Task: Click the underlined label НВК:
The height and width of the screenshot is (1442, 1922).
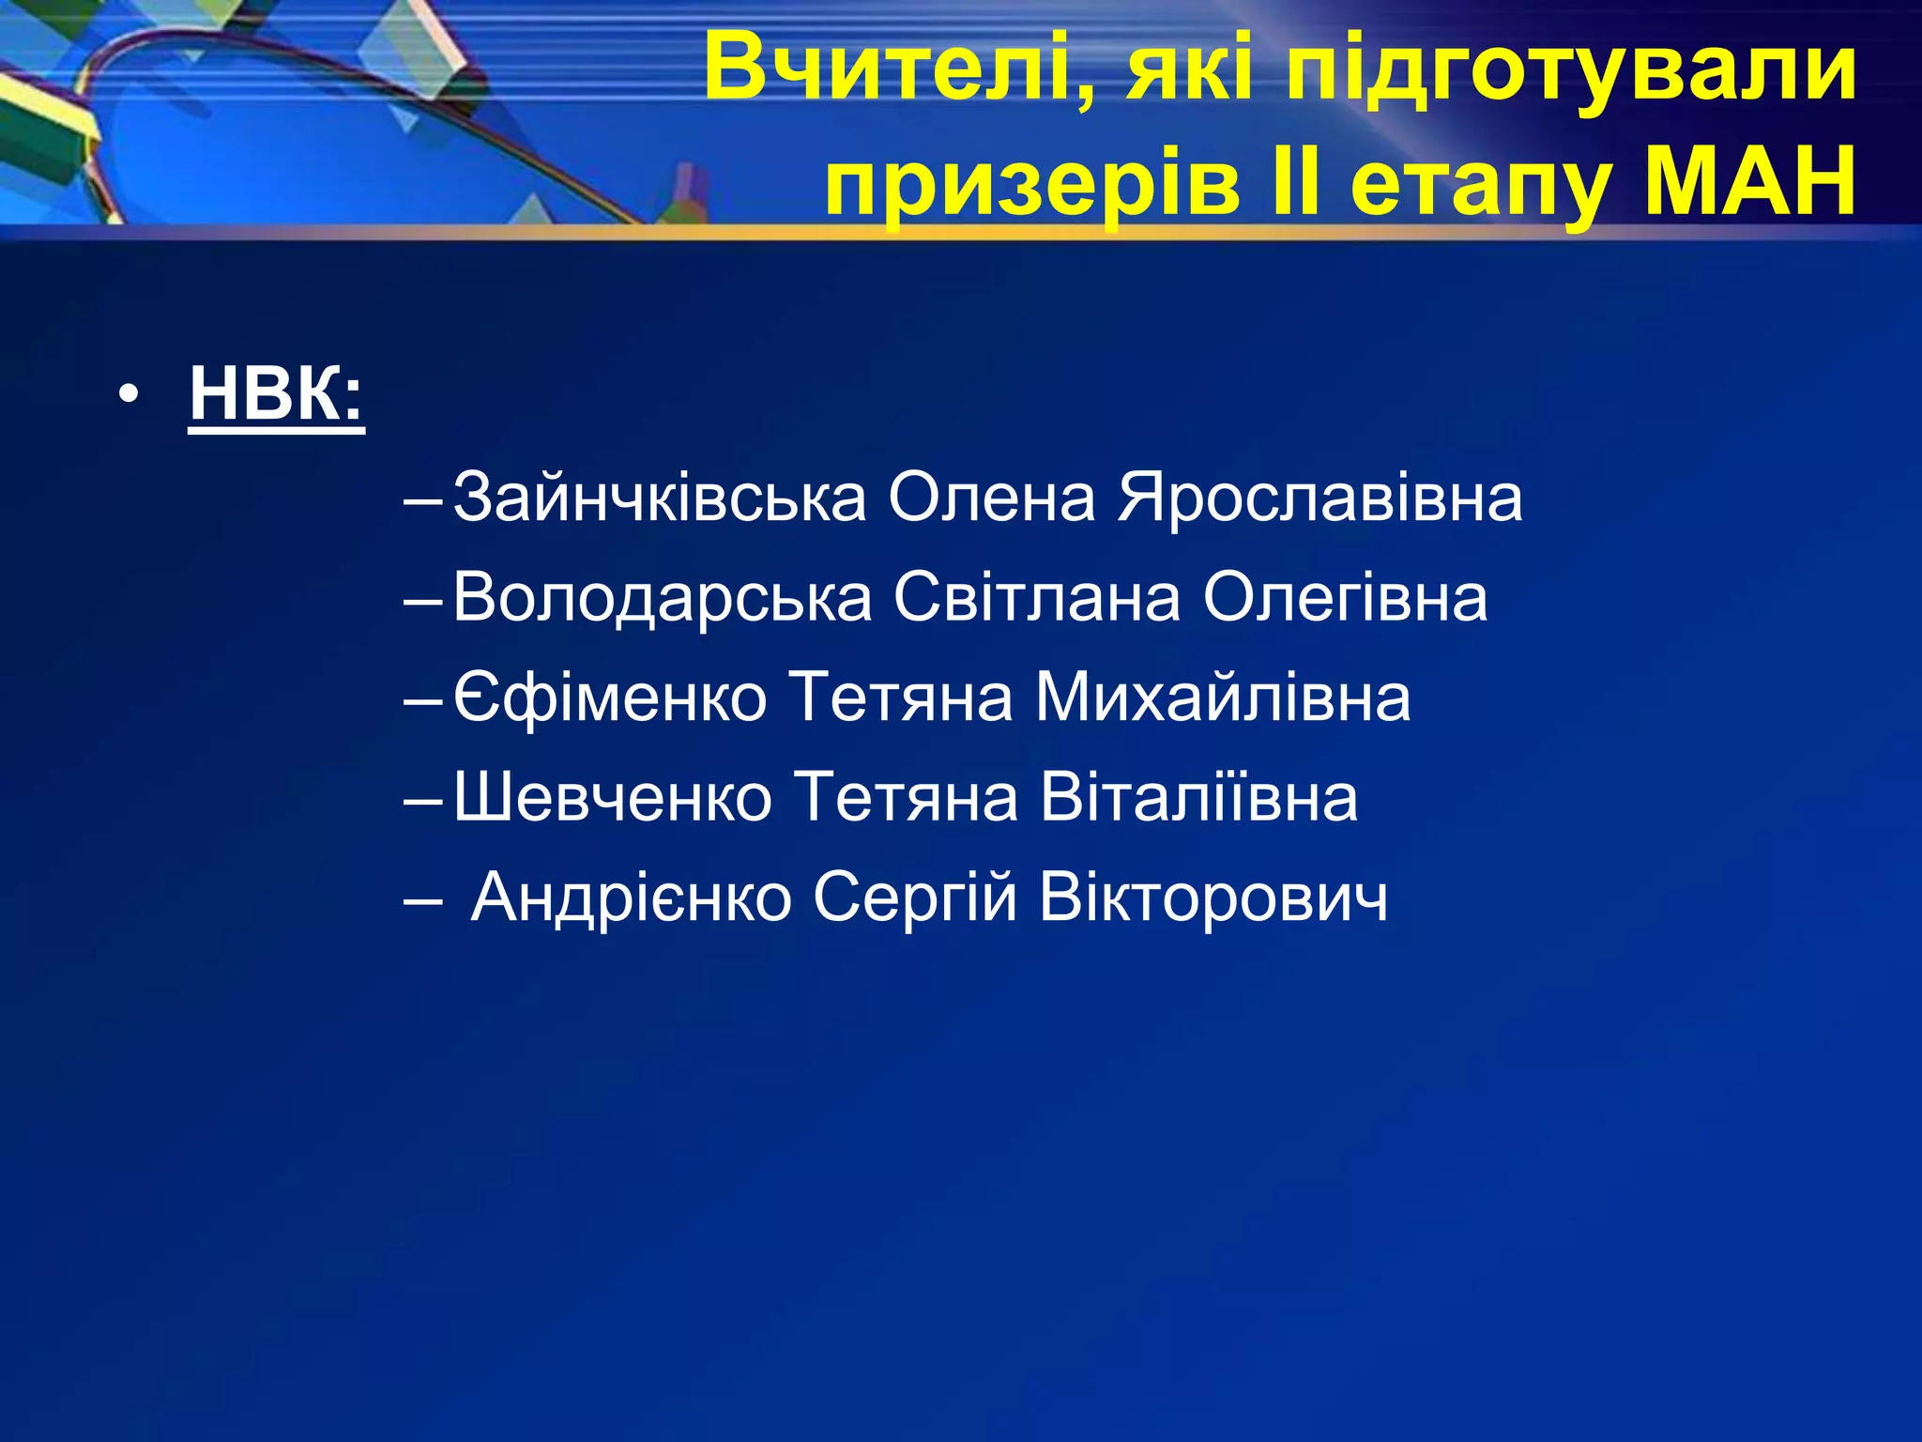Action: pyautogui.click(x=276, y=394)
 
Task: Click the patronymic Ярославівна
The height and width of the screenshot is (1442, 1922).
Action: pyautogui.click(x=1319, y=498)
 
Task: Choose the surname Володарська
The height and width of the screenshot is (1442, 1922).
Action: pyautogui.click(x=662, y=598)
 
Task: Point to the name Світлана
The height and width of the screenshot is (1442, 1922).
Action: pyautogui.click(x=1037, y=597)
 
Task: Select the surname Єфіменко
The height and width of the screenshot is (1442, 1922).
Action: pyautogui.click(x=610, y=698)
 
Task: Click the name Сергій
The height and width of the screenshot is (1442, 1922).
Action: pyautogui.click(x=915, y=898)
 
